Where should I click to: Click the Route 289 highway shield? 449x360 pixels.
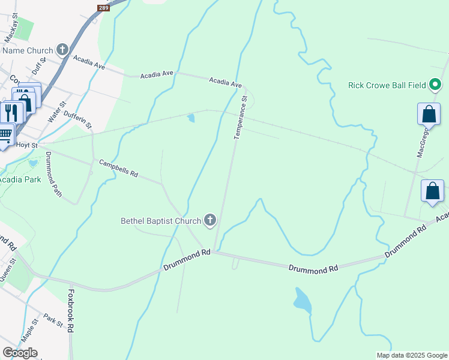click(103, 8)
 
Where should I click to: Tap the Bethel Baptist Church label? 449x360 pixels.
click(161, 221)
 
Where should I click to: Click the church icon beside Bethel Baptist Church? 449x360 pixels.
click(210, 221)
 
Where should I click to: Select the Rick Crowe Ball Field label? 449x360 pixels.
click(387, 85)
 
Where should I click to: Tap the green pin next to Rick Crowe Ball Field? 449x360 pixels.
click(436, 85)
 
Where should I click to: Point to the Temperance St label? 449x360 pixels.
click(240, 118)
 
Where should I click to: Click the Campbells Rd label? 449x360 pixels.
click(118, 168)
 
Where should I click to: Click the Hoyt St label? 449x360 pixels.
click(28, 145)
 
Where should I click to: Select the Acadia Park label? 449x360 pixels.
click(19, 179)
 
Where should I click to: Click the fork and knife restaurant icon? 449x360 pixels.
click(10, 112)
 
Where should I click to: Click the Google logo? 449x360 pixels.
click(20, 353)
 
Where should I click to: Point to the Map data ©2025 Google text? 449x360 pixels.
click(412, 355)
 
